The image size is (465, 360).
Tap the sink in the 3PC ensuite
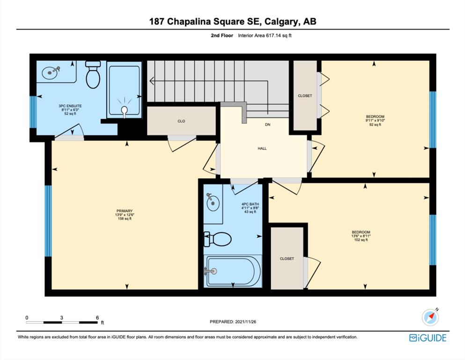(x=51, y=72)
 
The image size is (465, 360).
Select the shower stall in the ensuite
(x=124, y=90)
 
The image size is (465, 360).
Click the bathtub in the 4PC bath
(x=233, y=271)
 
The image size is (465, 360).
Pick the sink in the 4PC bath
(x=213, y=202)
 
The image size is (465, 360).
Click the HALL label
(x=262, y=149)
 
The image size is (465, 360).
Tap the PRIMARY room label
(x=124, y=211)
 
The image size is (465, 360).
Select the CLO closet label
(x=181, y=121)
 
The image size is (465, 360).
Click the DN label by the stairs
(x=267, y=125)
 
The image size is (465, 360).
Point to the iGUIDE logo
(x=428, y=338)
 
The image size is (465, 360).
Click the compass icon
(x=430, y=317)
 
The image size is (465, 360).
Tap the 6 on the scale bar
(x=97, y=317)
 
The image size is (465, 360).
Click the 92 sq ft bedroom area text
(x=375, y=125)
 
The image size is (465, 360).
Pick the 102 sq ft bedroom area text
(x=361, y=240)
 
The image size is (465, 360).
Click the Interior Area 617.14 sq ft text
(x=265, y=35)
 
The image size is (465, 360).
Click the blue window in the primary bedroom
(x=48, y=221)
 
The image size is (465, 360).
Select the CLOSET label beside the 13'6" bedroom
(x=287, y=259)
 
